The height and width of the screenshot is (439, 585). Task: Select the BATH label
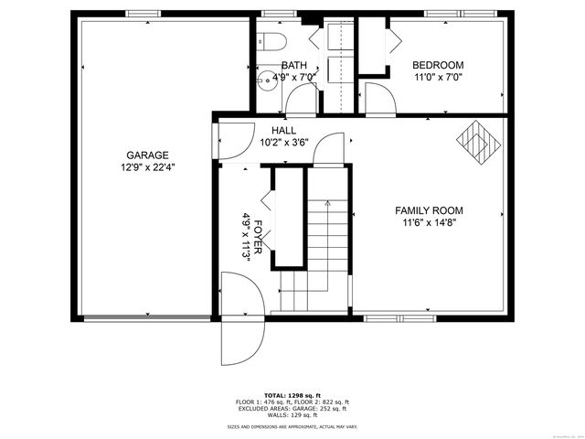point(293,65)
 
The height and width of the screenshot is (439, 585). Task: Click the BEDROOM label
point(438,65)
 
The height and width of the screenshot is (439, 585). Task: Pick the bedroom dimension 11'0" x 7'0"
point(438,78)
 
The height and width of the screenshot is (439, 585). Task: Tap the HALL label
point(283,131)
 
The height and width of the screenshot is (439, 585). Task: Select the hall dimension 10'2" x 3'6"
point(283,143)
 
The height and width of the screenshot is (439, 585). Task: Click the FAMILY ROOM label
point(430,209)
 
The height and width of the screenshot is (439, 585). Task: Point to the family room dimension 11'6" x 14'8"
point(430,222)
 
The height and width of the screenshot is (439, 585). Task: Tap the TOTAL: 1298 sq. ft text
point(292,394)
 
